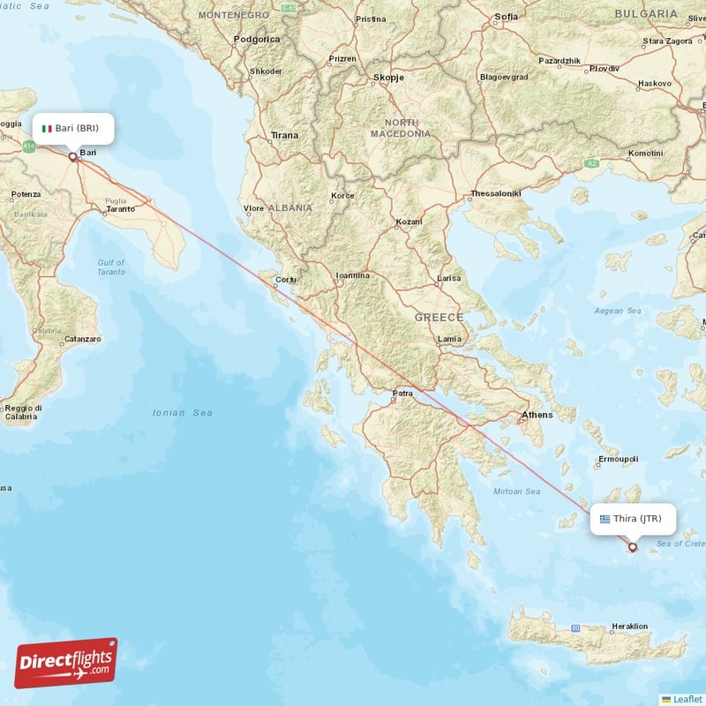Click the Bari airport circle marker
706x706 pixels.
pyautogui.click(x=72, y=157)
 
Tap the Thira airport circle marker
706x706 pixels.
pyautogui.click(x=632, y=547)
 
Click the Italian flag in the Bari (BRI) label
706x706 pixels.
pyautogui.click(x=47, y=129)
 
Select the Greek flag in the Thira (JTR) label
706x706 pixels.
pyautogui.click(x=605, y=519)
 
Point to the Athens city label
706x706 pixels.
pyautogui.click(x=537, y=415)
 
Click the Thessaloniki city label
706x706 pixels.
pyautogui.click(x=496, y=193)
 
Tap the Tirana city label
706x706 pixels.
pyautogui.click(x=285, y=135)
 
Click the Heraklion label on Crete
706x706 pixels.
pyautogui.click(x=629, y=627)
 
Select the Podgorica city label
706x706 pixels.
pyautogui.click(x=257, y=40)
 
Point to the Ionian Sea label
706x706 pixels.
pyautogui.click(x=183, y=412)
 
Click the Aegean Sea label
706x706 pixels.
pyautogui.click(x=618, y=311)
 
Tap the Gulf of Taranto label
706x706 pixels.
pyautogui.click(x=111, y=267)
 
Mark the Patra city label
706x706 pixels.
pyautogui.click(x=403, y=394)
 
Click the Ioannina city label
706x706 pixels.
pyautogui.click(x=352, y=275)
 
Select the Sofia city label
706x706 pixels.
pyautogui.click(x=507, y=17)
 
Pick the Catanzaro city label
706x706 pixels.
pyautogui.click(x=83, y=339)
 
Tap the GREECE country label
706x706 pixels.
pyautogui.click(x=439, y=317)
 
